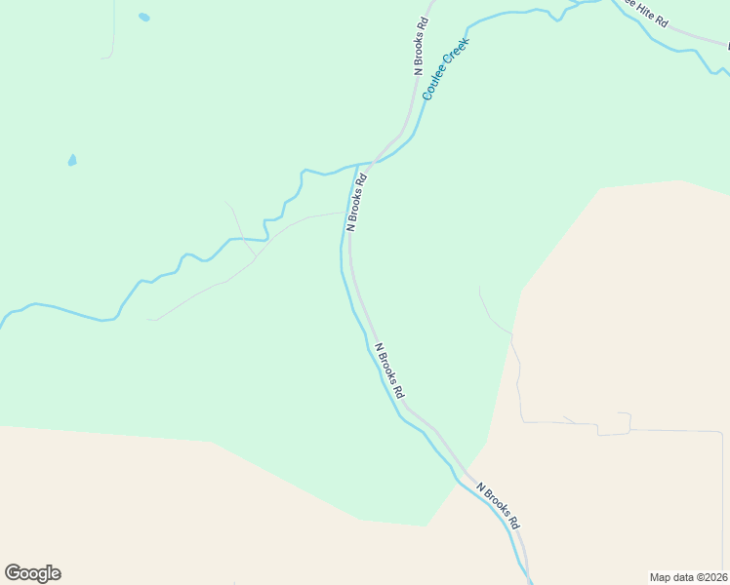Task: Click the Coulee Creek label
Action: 446,69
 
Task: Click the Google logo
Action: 32,573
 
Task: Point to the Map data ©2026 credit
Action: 688,576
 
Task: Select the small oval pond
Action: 144,18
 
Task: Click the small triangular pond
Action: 72,161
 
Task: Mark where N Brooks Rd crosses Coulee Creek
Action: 374,162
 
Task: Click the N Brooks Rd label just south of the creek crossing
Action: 358,202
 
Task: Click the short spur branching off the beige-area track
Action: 569,419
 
